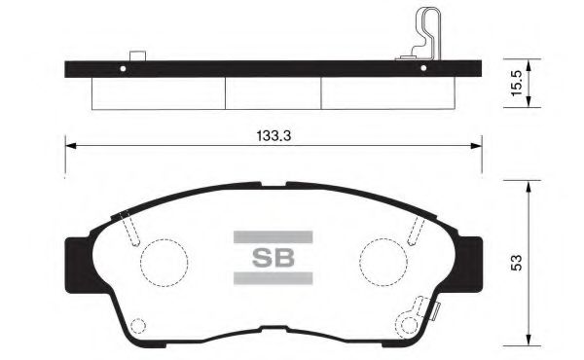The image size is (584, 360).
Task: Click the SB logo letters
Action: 273,258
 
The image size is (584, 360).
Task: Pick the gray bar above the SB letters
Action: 273,236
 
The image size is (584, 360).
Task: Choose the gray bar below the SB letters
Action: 273,279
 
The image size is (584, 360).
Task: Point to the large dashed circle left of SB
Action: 161,262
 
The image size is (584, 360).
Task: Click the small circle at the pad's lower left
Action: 137,327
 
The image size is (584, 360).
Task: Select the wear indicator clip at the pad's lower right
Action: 424,313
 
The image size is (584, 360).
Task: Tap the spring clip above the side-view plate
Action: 425,34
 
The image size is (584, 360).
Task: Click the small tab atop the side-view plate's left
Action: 137,55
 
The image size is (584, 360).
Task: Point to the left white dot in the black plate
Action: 122,69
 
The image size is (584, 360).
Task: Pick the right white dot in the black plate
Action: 422,69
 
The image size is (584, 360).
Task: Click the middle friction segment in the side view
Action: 274,92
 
